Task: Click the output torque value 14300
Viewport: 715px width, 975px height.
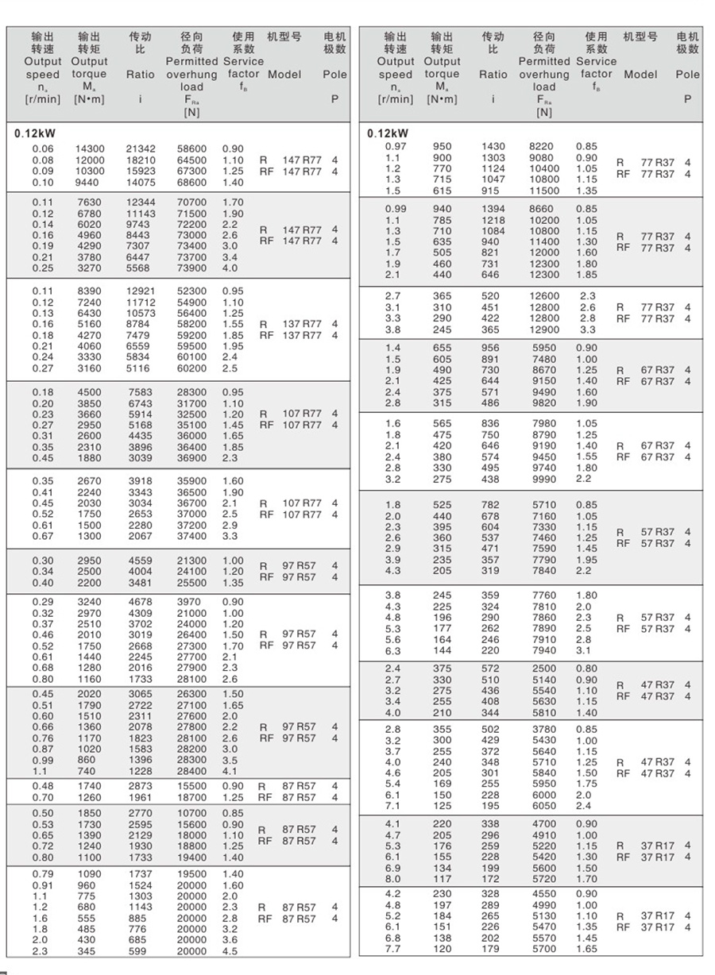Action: click(x=89, y=148)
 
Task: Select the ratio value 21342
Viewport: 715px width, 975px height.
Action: click(x=141, y=148)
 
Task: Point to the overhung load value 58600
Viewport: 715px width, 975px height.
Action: click(x=191, y=148)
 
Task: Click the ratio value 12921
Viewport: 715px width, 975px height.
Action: click(x=141, y=291)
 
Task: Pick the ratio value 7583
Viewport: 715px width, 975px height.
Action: click(x=141, y=391)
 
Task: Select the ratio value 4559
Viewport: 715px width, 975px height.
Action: click(x=141, y=561)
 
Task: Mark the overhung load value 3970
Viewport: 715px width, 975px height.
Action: click(x=191, y=602)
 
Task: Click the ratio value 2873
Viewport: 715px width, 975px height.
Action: click(x=141, y=785)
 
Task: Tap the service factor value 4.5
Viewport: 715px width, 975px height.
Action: click(x=230, y=951)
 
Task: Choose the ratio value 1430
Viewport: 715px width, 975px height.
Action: click(x=493, y=147)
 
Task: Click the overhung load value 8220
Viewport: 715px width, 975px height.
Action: click(x=544, y=147)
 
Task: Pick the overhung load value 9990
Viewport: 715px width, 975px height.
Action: click(x=544, y=479)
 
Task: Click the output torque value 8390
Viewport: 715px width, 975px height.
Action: click(x=89, y=291)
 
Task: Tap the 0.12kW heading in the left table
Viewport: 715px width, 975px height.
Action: click(x=35, y=133)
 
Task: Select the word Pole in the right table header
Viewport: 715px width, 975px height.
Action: click(x=688, y=75)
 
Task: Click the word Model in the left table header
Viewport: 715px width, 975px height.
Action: click(x=284, y=75)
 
